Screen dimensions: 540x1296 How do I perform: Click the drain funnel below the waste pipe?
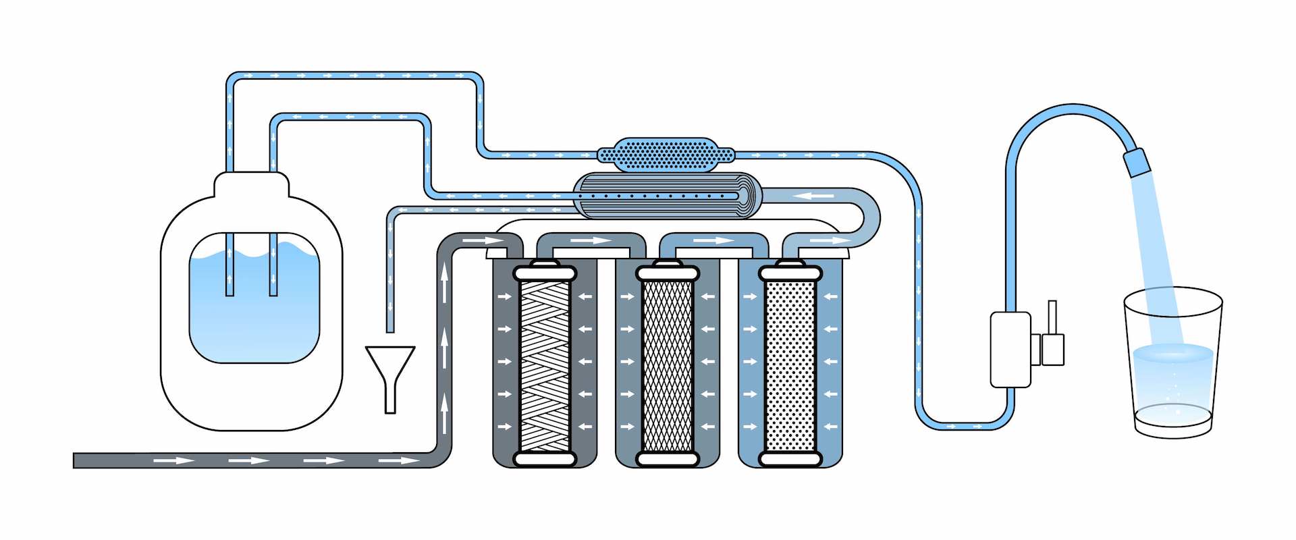tap(390, 368)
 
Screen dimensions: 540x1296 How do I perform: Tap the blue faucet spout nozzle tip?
tap(1136, 163)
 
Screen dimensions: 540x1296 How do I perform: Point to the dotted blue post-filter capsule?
tap(666, 155)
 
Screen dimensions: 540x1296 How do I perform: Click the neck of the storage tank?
tap(252, 184)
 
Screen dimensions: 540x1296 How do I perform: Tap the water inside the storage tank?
tap(254, 310)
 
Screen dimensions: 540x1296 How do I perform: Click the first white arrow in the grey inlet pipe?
tap(174, 460)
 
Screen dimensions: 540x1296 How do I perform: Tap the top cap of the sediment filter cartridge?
tap(545, 273)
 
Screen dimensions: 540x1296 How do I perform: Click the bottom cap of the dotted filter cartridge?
tap(790, 460)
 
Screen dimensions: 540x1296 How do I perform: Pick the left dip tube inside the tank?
tap(230, 267)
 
